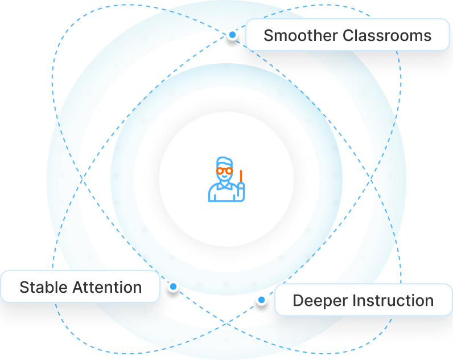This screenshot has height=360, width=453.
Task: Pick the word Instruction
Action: [392, 301]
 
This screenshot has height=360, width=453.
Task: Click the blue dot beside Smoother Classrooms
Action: [232, 35]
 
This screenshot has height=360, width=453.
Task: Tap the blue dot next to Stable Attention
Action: [173, 287]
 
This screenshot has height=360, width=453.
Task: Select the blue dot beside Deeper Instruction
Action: [261, 299]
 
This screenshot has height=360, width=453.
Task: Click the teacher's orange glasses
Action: [224, 171]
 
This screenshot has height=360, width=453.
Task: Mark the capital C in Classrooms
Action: [348, 35]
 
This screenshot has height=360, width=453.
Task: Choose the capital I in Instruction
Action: [353, 301]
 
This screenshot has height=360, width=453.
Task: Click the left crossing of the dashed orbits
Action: [82, 180]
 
